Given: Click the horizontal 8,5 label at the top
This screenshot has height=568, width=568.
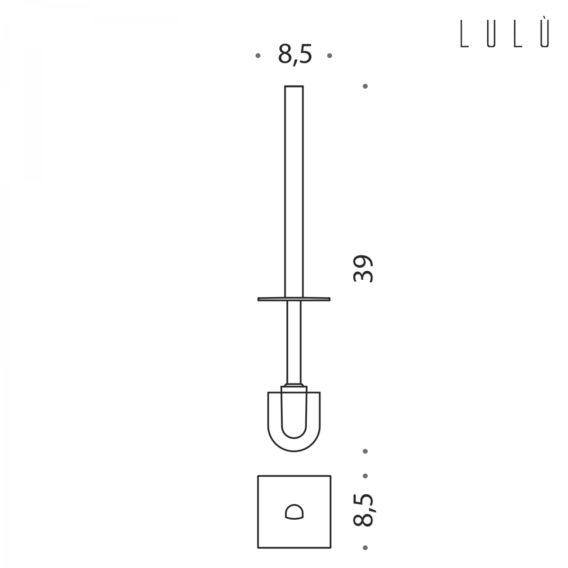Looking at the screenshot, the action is tap(295, 55).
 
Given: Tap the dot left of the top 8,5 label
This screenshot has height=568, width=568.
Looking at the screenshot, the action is tap(258, 55).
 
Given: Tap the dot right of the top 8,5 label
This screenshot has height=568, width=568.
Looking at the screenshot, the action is tap(329, 55).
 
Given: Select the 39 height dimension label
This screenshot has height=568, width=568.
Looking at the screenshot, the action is tap(363, 269).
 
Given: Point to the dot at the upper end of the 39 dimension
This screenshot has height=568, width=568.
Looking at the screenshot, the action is tap(365, 86).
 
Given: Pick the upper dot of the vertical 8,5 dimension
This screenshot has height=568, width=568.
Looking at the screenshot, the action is tap(365, 476).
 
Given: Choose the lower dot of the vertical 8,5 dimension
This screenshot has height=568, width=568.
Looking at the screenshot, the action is tap(365, 548).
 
